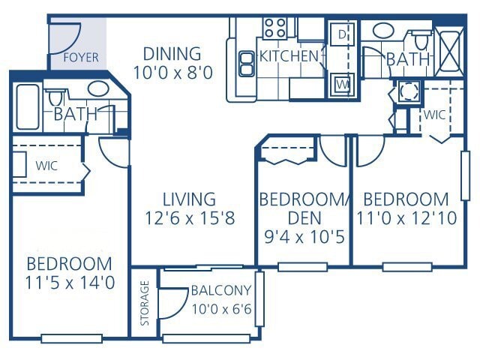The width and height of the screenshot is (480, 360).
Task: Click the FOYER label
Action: (x=80, y=58)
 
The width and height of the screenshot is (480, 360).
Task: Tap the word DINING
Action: (x=172, y=54)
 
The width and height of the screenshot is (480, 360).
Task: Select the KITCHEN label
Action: (x=289, y=56)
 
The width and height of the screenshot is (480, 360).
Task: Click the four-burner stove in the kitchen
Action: (x=274, y=29)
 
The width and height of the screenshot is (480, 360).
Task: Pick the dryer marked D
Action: (x=340, y=34)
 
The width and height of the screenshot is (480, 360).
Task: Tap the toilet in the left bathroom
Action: (x=55, y=98)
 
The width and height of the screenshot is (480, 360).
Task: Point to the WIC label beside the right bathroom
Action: (x=435, y=115)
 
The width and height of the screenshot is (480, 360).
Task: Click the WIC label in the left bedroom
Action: (x=46, y=165)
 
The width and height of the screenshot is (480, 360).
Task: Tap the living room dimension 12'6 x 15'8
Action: (x=190, y=218)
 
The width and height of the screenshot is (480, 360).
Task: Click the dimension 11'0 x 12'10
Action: (x=405, y=218)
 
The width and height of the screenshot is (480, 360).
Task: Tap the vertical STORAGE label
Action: (x=145, y=304)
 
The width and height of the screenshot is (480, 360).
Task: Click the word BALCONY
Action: (x=220, y=291)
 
